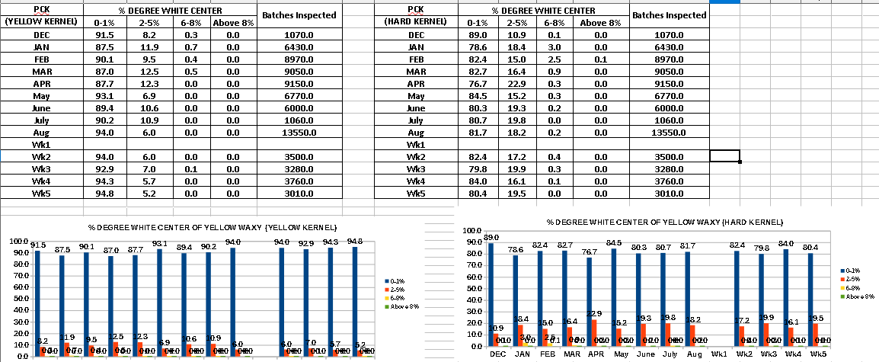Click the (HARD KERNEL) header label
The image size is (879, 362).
tap(416, 22)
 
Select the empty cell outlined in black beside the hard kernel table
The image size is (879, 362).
tap(724, 156)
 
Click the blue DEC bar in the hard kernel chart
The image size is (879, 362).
tap(491, 293)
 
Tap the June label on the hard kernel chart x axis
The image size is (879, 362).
tap(644, 355)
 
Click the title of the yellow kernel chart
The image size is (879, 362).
tap(203, 228)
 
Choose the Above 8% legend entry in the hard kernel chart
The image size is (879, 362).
tap(858, 296)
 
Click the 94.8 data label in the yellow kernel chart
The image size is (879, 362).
tap(355, 242)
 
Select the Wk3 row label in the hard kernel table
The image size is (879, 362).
tap(416, 168)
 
